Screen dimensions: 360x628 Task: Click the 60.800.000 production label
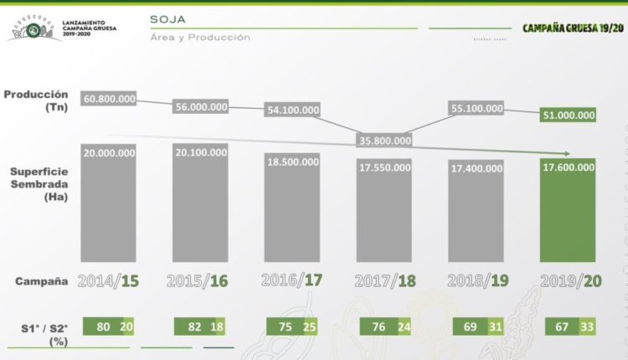(x=109, y=99)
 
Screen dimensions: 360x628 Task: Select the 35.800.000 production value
(x=383, y=140)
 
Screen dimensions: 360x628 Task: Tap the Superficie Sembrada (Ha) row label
(x=39, y=183)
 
